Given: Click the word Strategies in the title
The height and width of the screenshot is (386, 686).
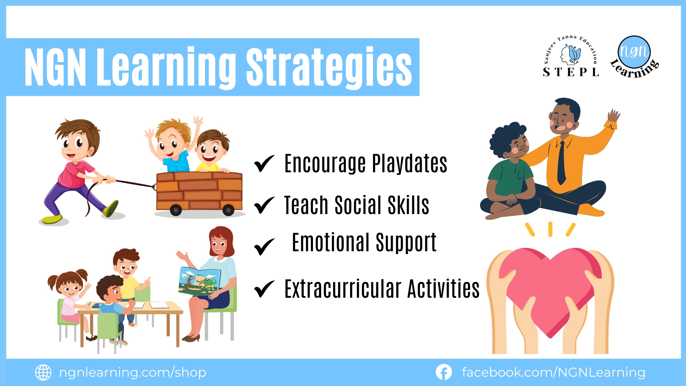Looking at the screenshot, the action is (329, 67).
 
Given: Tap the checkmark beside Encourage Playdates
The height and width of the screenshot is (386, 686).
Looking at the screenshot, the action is (264, 163).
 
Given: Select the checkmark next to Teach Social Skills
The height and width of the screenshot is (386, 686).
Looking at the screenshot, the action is (264, 205).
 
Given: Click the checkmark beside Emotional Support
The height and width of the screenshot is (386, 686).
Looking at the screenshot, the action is (264, 247).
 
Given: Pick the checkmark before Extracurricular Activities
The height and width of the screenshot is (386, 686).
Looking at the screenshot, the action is (264, 289).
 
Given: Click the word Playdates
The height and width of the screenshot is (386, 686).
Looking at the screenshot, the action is (409, 164).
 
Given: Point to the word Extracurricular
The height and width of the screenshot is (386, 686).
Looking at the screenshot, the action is (343, 289).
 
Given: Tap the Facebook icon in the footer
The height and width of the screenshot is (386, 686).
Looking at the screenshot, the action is (444, 372).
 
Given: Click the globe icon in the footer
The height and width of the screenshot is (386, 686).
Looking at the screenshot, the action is (43, 372).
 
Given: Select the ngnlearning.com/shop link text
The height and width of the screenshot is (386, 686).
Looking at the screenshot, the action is (133, 372).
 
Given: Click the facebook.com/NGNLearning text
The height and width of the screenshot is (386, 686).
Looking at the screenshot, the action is (553, 372).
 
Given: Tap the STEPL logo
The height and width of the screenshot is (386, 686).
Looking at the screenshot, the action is (571, 56).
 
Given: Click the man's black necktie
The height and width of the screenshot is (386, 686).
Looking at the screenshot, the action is (562, 163).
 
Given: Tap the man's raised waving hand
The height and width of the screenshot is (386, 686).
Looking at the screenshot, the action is (614, 116).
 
